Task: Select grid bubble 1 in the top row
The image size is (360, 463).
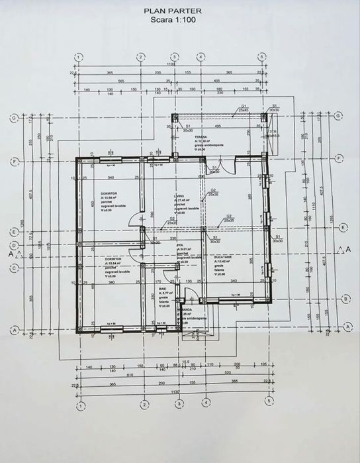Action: (79, 56)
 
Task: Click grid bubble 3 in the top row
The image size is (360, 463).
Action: (173, 56)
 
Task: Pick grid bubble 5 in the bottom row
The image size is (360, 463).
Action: (269, 401)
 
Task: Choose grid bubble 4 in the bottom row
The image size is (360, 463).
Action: (206, 401)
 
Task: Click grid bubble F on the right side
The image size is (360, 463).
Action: (339, 158)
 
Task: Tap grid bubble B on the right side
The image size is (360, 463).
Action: (345, 298)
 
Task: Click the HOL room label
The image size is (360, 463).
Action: (179, 245)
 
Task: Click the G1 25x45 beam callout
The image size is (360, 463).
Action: (244, 107)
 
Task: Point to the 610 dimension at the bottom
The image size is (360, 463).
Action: (111, 374)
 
